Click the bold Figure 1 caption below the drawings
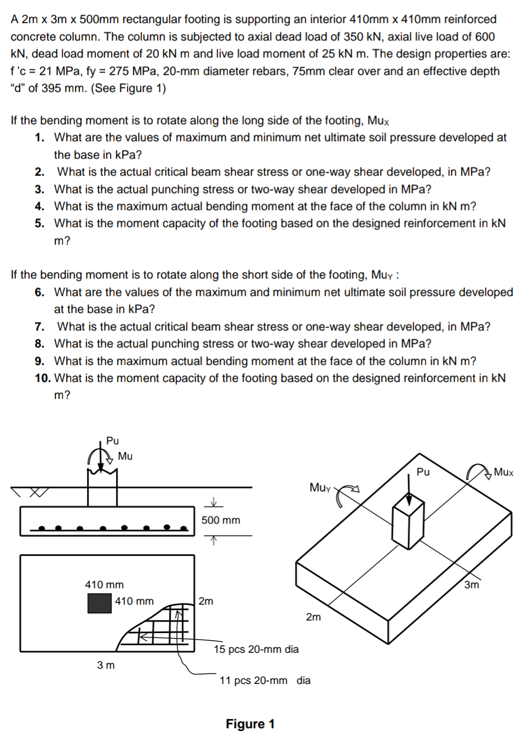[x=250, y=724]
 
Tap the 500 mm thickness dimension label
[x=221, y=520]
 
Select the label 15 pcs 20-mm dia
[x=256, y=649]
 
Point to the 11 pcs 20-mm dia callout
[x=265, y=680]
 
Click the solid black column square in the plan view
[x=100, y=603]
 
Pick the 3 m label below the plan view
[x=106, y=665]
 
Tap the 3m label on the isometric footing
[x=471, y=584]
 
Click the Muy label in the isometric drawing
[x=320, y=487]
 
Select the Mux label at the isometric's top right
[x=503, y=472]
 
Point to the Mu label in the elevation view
[x=125, y=456]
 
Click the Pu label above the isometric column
[x=423, y=472]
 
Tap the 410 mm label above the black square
[x=104, y=584]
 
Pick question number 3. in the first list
[x=39, y=189]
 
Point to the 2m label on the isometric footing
[x=313, y=617]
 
